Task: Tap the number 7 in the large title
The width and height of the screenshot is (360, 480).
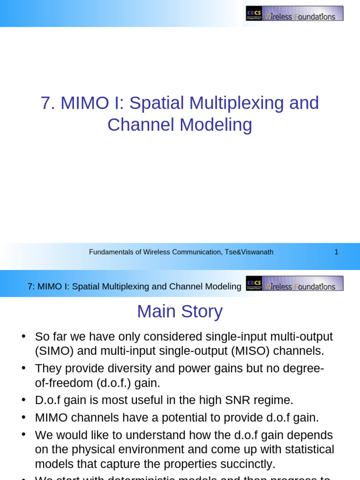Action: pyautogui.click(x=45, y=103)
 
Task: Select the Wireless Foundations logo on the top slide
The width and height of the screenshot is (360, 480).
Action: pyautogui.click(x=294, y=14)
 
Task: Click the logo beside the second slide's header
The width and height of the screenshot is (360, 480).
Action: pyautogui.click(x=294, y=284)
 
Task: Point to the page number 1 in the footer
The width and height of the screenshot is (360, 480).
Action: pyautogui.click(x=336, y=252)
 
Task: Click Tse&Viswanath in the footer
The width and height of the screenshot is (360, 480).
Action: pyautogui.click(x=249, y=252)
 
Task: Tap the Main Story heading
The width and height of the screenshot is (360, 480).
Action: pyautogui.click(x=180, y=312)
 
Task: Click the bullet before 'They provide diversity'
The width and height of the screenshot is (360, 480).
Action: pyautogui.click(x=23, y=368)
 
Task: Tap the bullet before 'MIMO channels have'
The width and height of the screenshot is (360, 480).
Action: pyautogui.click(x=23, y=418)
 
